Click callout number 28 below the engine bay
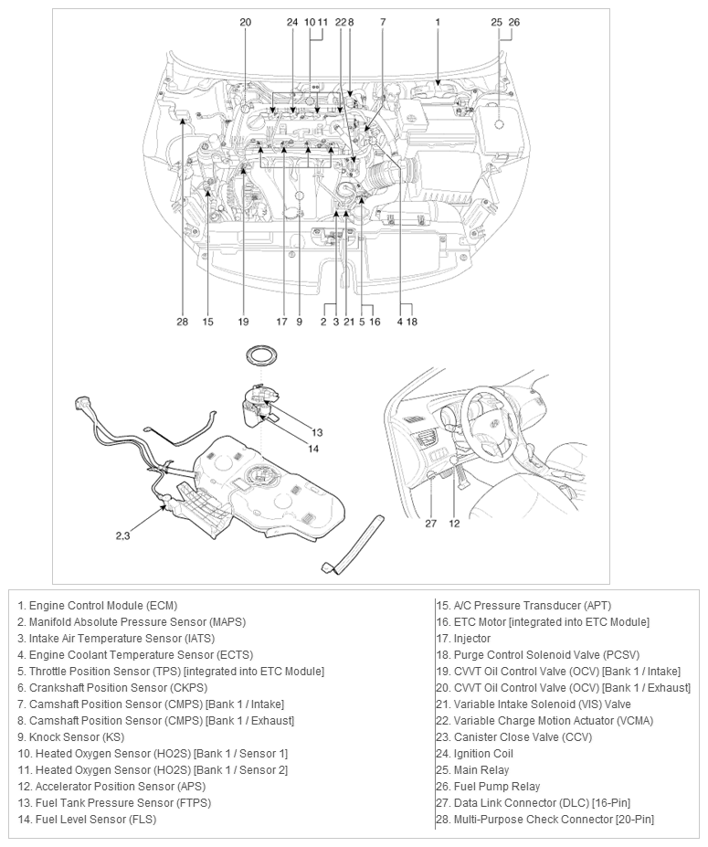pos(182,322)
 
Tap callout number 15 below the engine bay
pos(208,322)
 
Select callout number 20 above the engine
pos(245,21)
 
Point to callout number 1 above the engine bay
pos(438,21)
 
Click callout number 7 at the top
pos(382,21)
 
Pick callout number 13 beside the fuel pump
pos(317,432)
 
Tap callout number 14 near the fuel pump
pos(313,449)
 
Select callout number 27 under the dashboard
pos(430,524)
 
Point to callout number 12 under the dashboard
pos(454,524)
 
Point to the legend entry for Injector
pos(463,639)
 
